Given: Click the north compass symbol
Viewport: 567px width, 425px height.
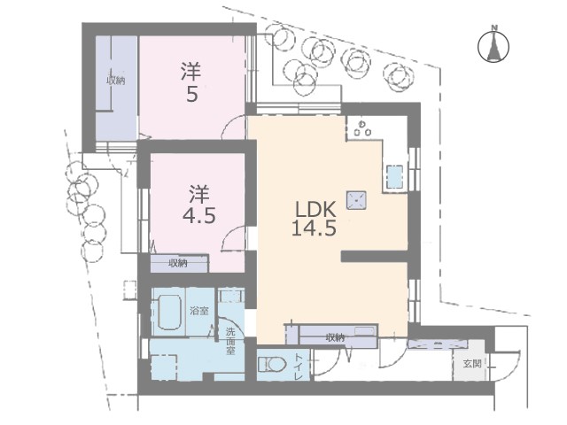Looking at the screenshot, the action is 493,45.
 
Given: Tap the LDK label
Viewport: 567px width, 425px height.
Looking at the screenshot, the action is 316,209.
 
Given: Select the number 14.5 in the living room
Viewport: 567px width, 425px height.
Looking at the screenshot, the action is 314,228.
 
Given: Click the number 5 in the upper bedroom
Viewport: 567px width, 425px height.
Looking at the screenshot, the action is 192,95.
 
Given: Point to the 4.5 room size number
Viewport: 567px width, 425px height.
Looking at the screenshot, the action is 199,216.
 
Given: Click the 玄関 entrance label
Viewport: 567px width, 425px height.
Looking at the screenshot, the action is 472,364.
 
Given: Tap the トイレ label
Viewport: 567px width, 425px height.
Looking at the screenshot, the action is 299,366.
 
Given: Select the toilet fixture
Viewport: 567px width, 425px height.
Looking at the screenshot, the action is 272,364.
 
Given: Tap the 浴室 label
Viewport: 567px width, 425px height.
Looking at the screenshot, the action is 199,311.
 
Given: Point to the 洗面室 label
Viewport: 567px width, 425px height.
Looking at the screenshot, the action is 230,341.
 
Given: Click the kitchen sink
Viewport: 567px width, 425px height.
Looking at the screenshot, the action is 394,177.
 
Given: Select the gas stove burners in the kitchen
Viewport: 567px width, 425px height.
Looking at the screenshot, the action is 362,128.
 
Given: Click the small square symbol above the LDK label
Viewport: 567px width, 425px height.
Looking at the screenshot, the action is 356,200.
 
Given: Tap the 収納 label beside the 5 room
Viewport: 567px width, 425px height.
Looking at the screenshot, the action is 116,81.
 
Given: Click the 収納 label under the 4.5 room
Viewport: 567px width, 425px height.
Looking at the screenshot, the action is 178,264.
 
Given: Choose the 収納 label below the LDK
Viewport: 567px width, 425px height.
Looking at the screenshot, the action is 335,338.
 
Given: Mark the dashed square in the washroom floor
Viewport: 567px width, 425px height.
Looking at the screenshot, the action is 164,367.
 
